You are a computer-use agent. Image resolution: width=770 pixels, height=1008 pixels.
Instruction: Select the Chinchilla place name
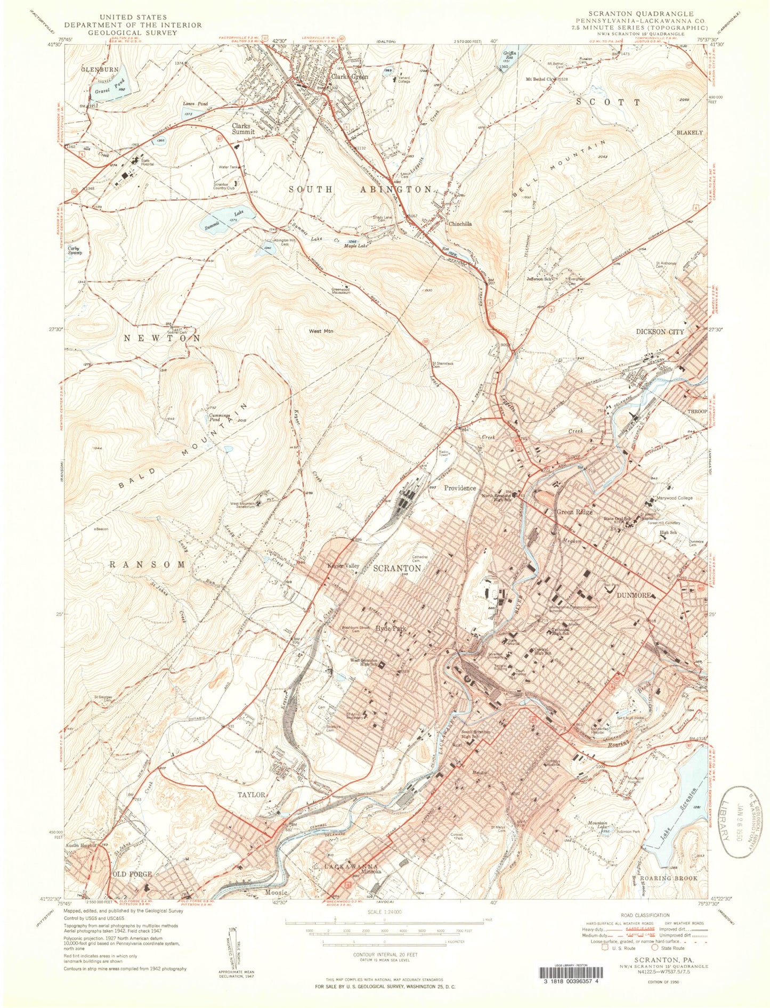tap(459, 224)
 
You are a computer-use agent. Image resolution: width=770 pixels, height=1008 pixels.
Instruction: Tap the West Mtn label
tap(321, 331)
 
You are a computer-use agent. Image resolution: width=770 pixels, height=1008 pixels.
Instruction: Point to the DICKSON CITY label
tap(660, 331)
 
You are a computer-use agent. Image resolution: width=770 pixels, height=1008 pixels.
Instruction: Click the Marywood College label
tap(674, 498)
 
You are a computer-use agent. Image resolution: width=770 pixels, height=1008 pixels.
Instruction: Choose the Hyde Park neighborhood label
tap(391, 629)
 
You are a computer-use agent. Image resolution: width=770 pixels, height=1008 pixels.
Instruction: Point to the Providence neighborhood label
tap(460, 488)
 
